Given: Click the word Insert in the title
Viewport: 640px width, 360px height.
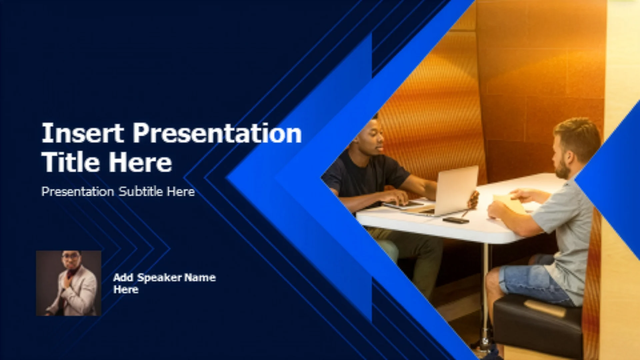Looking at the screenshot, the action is [x=82, y=133].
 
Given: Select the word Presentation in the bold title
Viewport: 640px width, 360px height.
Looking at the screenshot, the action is [x=217, y=133].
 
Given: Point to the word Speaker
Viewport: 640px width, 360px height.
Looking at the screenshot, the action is [x=160, y=278].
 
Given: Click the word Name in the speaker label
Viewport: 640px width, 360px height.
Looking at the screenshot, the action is [x=200, y=277].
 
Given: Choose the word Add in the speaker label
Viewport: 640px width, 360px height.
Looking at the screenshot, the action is [x=123, y=277].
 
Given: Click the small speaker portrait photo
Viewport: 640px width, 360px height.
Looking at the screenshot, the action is [x=69, y=283].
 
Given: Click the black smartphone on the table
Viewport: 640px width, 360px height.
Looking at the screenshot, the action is [x=456, y=220].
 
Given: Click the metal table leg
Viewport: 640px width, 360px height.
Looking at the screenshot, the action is [x=486, y=293].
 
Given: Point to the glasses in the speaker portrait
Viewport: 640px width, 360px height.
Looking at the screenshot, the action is [x=71, y=256].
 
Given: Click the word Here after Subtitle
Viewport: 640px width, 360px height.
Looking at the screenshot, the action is [x=181, y=192].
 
